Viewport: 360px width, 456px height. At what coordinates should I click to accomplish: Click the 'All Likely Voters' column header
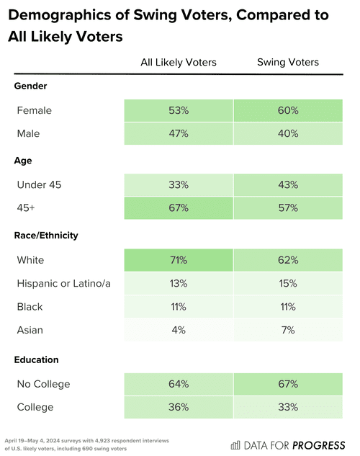pyautogui.click(x=178, y=63)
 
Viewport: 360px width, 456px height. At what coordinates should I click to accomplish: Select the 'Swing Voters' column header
pyautogui.click(x=288, y=63)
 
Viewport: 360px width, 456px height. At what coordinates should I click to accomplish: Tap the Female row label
pyautogui.click(x=35, y=111)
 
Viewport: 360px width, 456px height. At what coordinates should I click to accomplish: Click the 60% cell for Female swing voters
pyautogui.click(x=288, y=111)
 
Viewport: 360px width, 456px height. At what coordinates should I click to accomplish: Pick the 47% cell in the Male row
pyautogui.click(x=178, y=134)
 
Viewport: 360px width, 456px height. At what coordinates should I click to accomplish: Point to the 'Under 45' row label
pyautogui.click(x=40, y=185)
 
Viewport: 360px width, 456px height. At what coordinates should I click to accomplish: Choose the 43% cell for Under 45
pyautogui.click(x=288, y=185)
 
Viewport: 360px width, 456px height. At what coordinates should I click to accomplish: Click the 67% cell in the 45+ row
pyautogui.click(x=178, y=208)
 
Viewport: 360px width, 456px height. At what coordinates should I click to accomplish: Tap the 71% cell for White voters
pyautogui.click(x=178, y=259)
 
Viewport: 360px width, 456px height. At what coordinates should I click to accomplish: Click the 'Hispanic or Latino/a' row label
pyautogui.click(x=63, y=283)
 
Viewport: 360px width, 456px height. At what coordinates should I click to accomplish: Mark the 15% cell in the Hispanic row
pyautogui.click(x=288, y=283)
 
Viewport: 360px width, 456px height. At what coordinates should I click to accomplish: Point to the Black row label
pyautogui.click(x=30, y=307)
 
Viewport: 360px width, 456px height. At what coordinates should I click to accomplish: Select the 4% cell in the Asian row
pyautogui.click(x=178, y=330)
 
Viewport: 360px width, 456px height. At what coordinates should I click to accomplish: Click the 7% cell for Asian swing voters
pyautogui.click(x=288, y=330)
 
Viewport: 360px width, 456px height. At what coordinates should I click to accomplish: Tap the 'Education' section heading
pyautogui.click(x=36, y=359)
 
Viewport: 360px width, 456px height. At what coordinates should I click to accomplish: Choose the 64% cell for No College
pyautogui.click(x=178, y=384)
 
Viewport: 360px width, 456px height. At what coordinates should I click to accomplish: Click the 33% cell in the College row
pyautogui.click(x=288, y=407)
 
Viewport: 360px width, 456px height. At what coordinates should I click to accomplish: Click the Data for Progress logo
pyautogui.click(x=288, y=444)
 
